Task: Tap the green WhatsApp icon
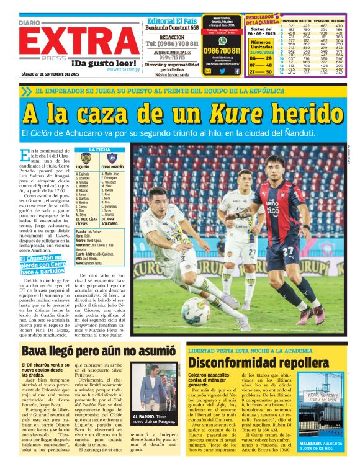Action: tap(222, 39)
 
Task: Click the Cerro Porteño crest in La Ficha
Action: tap(111, 158)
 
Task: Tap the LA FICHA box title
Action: tap(99, 150)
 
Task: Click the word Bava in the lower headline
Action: tap(38, 354)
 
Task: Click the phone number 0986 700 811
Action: tap(222, 50)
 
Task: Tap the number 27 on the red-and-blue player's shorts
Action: tap(289, 252)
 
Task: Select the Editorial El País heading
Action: tap(172, 21)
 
